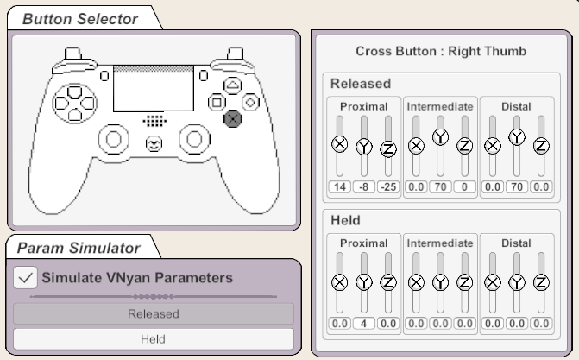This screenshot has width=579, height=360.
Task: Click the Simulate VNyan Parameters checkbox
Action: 25,278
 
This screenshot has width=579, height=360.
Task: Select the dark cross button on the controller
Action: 233,118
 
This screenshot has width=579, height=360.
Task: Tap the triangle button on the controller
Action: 233,85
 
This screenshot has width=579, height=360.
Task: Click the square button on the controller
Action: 217,103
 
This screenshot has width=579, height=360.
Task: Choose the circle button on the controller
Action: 250,103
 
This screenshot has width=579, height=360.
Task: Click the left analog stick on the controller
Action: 114,139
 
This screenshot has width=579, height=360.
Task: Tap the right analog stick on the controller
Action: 195,139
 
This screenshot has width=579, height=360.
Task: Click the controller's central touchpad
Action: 154,89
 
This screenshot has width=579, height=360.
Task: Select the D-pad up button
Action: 74,92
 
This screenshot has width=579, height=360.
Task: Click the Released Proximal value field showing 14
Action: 340,186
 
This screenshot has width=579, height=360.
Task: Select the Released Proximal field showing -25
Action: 388,186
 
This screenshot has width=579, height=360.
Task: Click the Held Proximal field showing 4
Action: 364,324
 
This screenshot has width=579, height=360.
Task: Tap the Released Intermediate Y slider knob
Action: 441,137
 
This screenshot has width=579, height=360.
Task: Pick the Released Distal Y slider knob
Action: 517,137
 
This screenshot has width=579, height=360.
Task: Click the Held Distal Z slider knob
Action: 541,283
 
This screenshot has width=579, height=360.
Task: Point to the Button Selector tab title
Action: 80,19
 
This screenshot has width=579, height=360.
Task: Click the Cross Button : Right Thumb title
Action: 441,51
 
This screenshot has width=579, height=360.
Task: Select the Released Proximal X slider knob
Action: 340,144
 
